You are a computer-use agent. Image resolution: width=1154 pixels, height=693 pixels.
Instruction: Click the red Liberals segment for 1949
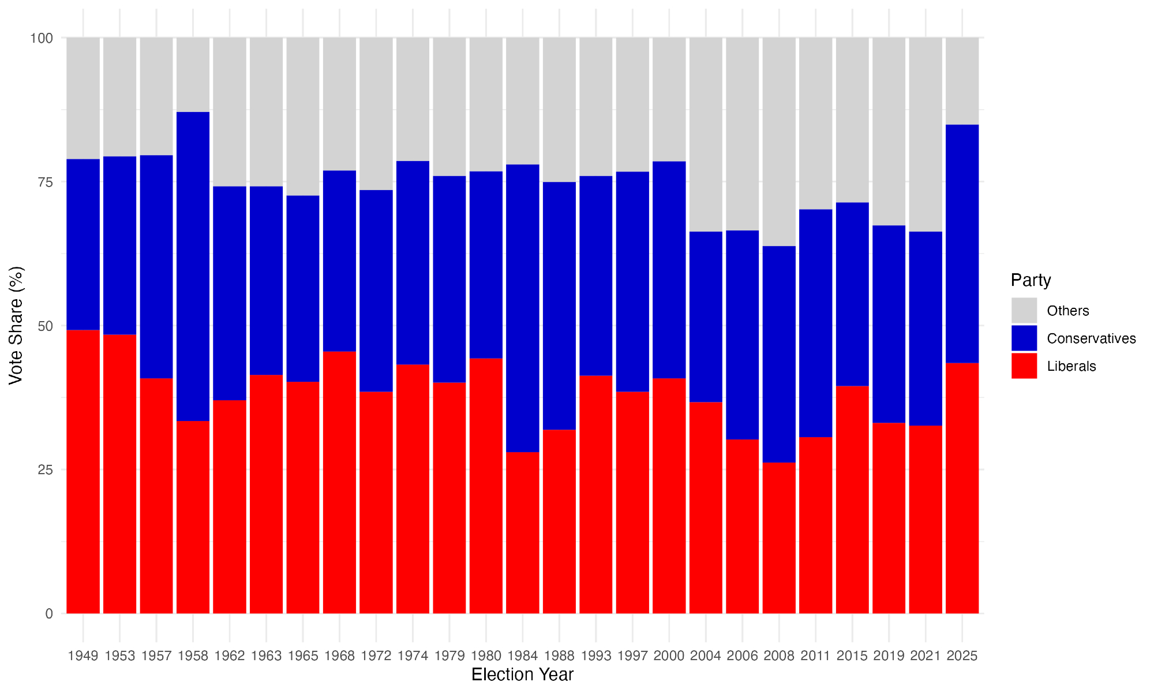click(x=83, y=471)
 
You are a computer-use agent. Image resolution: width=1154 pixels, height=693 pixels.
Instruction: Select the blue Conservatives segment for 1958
click(x=193, y=266)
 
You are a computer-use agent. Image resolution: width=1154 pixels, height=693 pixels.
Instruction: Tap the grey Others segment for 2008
click(x=779, y=141)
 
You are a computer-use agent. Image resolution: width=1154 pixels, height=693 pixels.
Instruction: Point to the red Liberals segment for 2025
click(x=962, y=488)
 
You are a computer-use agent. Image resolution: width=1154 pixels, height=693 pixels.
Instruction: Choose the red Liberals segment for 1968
click(x=339, y=482)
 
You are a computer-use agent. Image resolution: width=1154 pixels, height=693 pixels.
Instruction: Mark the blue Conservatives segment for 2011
click(x=816, y=323)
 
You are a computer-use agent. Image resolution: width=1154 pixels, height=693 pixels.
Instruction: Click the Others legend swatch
click(x=1024, y=311)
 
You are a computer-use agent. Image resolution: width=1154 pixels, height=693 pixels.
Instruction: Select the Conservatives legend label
click(x=1091, y=338)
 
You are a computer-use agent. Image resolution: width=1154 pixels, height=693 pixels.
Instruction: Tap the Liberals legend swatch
click(x=1024, y=366)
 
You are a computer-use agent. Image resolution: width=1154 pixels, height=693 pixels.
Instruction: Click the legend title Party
click(x=1031, y=280)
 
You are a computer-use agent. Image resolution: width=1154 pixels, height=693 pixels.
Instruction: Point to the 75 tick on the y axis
click(x=45, y=182)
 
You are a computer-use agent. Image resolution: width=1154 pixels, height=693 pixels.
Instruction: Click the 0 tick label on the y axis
click(x=49, y=614)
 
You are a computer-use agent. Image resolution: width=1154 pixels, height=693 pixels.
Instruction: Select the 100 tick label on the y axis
click(x=42, y=38)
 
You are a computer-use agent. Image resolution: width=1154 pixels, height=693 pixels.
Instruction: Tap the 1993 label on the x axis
click(x=596, y=656)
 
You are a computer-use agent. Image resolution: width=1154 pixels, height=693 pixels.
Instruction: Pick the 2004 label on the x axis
click(x=706, y=656)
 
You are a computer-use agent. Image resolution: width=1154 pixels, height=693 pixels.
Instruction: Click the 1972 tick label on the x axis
click(x=376, y=656)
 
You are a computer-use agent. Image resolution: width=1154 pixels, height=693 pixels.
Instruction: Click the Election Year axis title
click(x=522, y=675)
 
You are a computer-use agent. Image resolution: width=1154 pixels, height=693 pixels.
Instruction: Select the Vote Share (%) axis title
click(x=16, y=325)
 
